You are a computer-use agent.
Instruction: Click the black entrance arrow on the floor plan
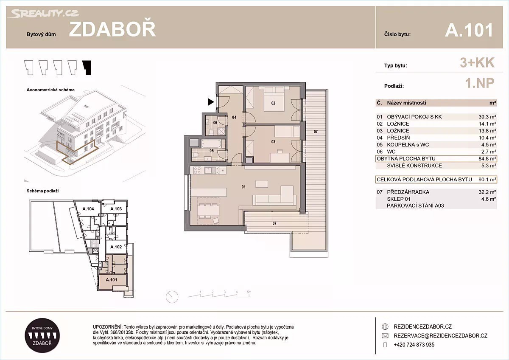[x=211, y=102]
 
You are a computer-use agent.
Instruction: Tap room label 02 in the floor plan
[x=273, y=103]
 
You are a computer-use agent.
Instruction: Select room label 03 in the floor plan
[x=273, y=142]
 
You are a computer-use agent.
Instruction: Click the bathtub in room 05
[x=211, y=144]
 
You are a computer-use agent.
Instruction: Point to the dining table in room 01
[x=208, y=210]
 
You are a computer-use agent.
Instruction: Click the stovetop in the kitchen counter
[x=197, y=170]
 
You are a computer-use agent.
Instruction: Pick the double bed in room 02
[x=274, y=100]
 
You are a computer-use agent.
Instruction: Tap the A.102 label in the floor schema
[x=116, y=247]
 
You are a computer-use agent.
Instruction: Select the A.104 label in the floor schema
[x=88, y=209]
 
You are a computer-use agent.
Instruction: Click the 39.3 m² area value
[x=487, y=117]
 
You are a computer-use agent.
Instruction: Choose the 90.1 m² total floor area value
[x=487, y=180]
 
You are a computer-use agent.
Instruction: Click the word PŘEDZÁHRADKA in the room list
[x=408, y=192]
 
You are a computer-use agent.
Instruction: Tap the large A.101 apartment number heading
[x=469, y=30]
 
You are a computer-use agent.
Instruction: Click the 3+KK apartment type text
[x=477, y=62]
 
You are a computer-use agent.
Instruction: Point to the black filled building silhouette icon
[x=87, y=67]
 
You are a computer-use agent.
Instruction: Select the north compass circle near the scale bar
[x=172, y=297]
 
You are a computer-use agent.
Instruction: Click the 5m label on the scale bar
[x=249, y=292]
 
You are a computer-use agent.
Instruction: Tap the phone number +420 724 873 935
[x=414, y=345]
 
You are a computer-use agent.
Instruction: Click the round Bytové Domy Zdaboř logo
[x=42, y=335]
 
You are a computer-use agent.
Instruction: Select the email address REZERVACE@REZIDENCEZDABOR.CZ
[x=441, y=336]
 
